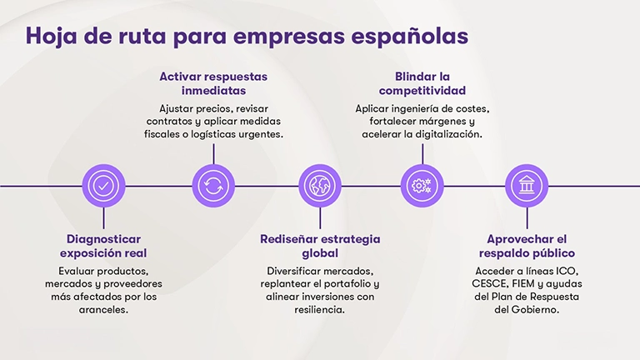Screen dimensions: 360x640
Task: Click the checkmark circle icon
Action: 103,185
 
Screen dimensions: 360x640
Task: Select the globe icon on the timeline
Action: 317,185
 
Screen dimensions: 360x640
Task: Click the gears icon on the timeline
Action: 422,185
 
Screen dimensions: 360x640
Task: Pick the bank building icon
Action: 527,185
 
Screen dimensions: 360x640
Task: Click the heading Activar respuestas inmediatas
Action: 214,83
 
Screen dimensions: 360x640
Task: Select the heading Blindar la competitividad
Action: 422,83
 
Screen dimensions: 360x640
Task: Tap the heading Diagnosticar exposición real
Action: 103,246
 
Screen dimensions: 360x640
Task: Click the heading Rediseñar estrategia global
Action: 320,246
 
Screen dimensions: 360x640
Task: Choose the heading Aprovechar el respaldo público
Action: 527,246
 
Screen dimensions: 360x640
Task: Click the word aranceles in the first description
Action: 102,310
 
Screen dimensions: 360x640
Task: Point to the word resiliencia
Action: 319,310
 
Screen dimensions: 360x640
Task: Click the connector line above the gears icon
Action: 422,153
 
